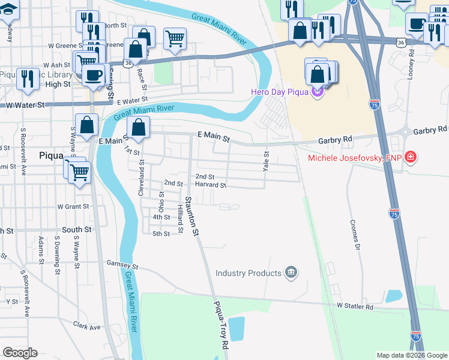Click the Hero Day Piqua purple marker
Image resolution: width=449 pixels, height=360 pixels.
317,92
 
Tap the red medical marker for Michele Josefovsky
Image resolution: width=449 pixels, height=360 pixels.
411,158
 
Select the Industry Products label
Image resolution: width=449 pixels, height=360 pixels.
249,273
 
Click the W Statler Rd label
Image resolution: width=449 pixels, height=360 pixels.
355,307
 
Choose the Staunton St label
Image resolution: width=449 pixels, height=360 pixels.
191,216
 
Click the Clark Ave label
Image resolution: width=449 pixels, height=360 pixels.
86,327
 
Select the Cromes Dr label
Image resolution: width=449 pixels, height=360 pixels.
355,235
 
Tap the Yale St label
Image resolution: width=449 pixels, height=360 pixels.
267,161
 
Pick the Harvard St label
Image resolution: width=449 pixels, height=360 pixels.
210,185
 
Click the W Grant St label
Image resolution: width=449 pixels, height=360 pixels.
73,206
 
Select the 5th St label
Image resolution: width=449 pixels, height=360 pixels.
161,233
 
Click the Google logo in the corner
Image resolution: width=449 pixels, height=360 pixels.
20,353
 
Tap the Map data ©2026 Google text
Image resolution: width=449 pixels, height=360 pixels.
412,355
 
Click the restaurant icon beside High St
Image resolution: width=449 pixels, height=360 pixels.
28,79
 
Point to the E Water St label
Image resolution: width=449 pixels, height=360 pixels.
132,103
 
